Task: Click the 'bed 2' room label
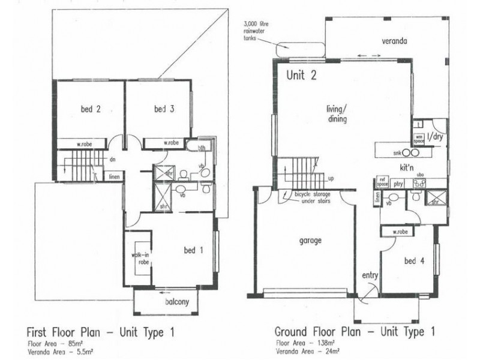point(89,109)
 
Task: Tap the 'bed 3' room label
point(164,109)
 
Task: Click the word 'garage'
point(311,240)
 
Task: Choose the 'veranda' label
point(395,41)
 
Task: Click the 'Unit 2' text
point(301,76)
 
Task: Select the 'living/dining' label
point(338,114)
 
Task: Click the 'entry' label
point(370,275)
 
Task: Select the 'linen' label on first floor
point(114,177)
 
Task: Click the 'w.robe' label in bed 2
point(83,143)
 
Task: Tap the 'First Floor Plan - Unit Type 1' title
point(101,331)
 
